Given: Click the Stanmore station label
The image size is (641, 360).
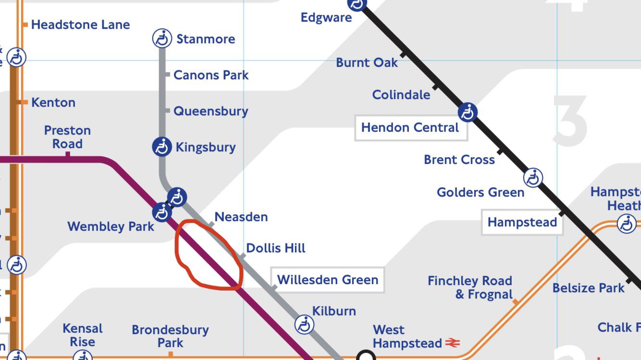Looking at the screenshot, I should [206, 39].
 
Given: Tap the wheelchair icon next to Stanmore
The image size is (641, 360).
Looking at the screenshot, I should [162, 38].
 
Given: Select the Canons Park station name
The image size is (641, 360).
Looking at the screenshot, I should [211, 75].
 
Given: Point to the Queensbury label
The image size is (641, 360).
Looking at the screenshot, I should [210, 111].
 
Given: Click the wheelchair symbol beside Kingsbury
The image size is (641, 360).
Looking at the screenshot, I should [162, 147].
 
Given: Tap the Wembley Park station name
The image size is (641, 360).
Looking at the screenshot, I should [111, 226].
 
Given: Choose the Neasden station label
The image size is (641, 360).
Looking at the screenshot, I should [241, 217].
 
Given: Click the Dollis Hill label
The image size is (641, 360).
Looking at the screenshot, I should [275, 248].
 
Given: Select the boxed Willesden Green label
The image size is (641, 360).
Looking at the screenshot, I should [327, 280].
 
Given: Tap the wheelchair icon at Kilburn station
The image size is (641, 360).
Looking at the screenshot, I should [304, 324].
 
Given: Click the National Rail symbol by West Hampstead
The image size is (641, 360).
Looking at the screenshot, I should [452, 343].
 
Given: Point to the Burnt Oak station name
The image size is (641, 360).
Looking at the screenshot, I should [367, 62].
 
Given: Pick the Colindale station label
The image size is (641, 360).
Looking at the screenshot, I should [401, 95].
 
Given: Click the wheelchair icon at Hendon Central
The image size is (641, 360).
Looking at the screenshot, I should [467, 112].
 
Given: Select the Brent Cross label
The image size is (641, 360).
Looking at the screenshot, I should [459, 160].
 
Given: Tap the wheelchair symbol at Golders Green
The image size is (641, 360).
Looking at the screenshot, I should [533, 178].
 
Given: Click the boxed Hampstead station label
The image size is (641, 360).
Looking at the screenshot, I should [522, 222].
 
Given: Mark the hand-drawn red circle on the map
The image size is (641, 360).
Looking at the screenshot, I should [208, 255].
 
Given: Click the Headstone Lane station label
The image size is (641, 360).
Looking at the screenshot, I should [80, 25].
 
